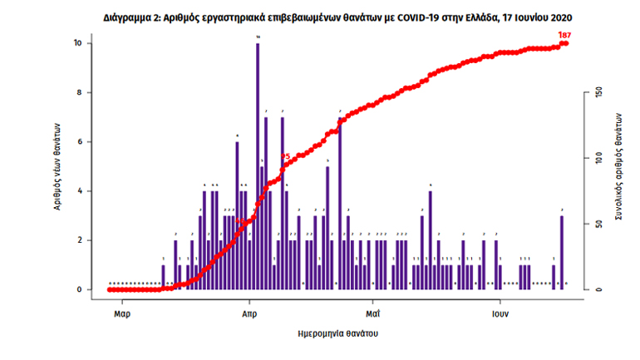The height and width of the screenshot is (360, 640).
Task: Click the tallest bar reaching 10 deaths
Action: (x=258, y=166)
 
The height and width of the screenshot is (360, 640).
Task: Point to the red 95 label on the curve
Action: (x=285, y=156)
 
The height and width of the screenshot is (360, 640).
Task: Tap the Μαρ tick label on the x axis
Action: (x=121, y=314)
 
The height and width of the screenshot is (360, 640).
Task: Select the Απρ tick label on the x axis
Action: (x=249, y=314)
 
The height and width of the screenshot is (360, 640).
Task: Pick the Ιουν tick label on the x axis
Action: (x=500, y=314)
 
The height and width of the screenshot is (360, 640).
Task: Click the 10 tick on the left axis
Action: (x=77, y=43)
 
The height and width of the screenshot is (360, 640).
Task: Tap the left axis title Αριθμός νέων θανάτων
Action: (x=58, y=167)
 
